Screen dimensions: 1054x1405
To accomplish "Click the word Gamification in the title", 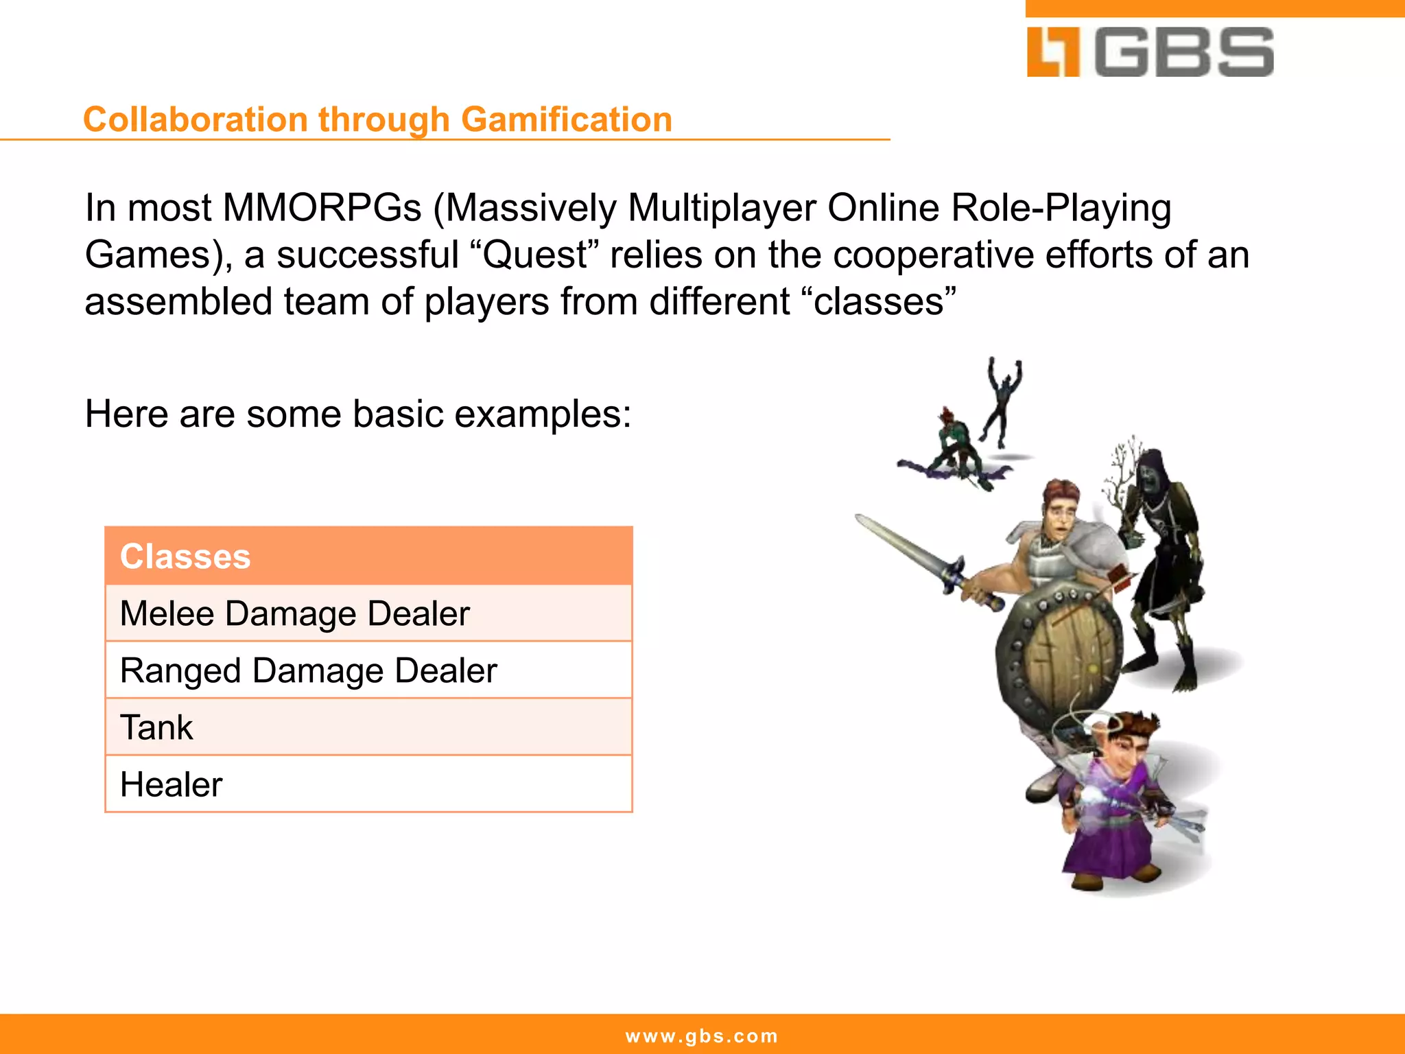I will pos(566,119).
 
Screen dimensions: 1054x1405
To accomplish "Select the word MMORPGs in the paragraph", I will pos(321,207).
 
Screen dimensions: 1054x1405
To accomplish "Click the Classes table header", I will pos(368,556).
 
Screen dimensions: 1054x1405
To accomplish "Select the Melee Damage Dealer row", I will pos(368,613).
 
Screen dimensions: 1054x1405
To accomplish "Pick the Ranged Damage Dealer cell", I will pos(368,670).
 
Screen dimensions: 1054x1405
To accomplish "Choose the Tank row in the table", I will pos(368,727).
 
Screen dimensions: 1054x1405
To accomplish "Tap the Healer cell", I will pos(368,784).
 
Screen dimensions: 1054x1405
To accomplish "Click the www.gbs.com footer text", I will pos(702,1035).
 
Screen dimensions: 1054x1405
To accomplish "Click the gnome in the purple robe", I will pos(1115,803).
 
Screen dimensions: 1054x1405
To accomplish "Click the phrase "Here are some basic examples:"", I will pos(357,414).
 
